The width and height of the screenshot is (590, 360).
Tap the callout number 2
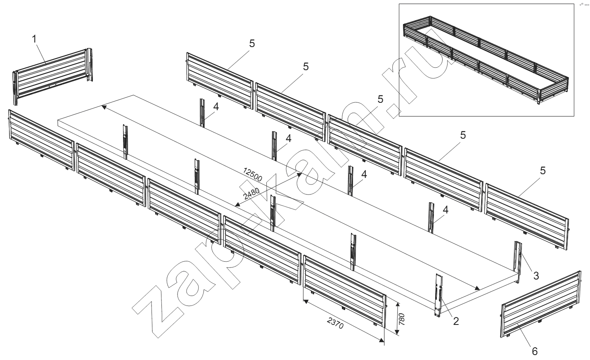pyautogui.click(x=456, y=321)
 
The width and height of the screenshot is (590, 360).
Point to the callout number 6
pyautogui.click(x=534, y=351)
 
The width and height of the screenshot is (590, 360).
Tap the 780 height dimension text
pyautogui.click(x=403, y=319)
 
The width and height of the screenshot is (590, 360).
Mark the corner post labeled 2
pyautogui.click(x=438, y=295)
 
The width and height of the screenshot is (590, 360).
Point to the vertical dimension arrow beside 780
pyautogui.click(x=397, y=318)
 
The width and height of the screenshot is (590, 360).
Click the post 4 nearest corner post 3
pyautogui.click(x=431, y=218)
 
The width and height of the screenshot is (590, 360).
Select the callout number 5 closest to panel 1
pyautogui.click(x=252, y=43)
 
